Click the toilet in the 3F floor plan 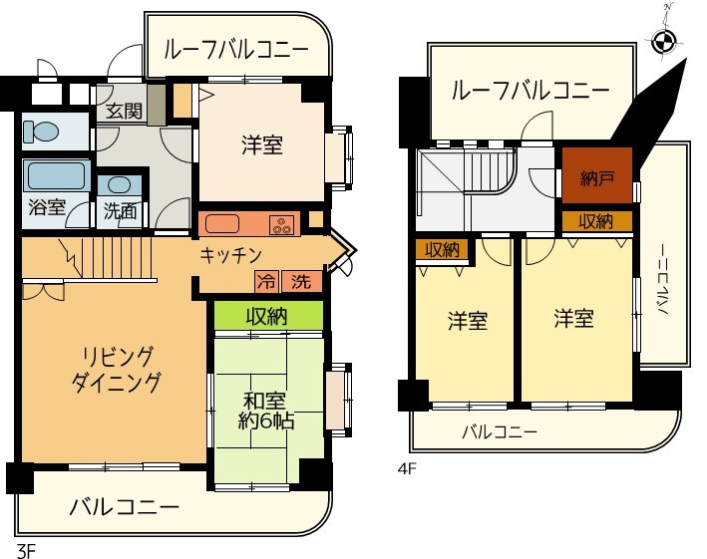(x=41, y=132)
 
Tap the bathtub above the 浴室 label (x=56, y=176)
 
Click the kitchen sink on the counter (x=221, y=224)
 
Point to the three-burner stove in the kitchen (x=282, y=225)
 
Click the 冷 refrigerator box (x=266, y=282)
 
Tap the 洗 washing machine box (x=302, y=282)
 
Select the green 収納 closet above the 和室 (x=268, y=315)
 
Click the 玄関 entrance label (x=124, y=111)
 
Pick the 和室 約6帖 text (x=265, y=411)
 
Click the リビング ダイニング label (x=117, y=370)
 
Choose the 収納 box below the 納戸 (x=597, y=221)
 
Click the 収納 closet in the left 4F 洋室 (x=442, y=249)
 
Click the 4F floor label (x=407, y=469)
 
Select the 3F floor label (x=26, y=550)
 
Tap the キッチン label (x=230, y=255)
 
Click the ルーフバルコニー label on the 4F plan (x=530, y=91)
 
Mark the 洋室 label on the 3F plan (x=262, y=145)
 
